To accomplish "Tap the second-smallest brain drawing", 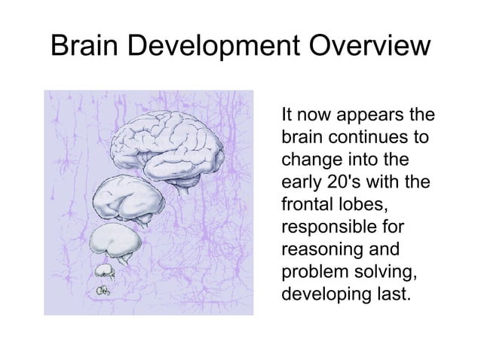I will pos(103,270).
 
